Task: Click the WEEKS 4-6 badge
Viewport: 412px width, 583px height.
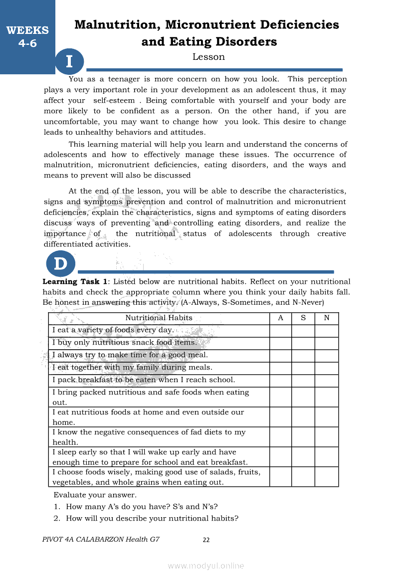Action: (27, 36)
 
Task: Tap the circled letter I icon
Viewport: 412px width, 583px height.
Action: (69, 62)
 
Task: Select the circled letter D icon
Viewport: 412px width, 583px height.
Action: (60, 264)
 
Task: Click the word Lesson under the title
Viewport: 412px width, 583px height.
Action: (208, 57)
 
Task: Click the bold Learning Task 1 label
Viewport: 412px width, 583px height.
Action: (75, 282)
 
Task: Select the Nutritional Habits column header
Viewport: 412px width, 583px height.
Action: (159, 318)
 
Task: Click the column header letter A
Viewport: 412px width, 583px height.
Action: (280, 318)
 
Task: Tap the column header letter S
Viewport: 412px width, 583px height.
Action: (303, 318)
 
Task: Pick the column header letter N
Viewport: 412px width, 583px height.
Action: (327, 318)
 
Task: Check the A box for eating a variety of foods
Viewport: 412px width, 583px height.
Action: (280, 331)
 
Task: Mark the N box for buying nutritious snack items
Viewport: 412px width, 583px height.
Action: (327, 343)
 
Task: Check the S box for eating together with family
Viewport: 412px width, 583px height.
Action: (303, 368)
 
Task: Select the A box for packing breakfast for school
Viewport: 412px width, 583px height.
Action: (280, 381)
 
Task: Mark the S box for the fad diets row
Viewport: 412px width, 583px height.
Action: (303, 437)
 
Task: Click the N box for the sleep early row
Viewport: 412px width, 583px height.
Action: (327, 457)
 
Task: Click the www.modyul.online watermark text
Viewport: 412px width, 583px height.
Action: (206, 566)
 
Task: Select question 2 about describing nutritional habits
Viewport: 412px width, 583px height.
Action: (152, 518)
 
